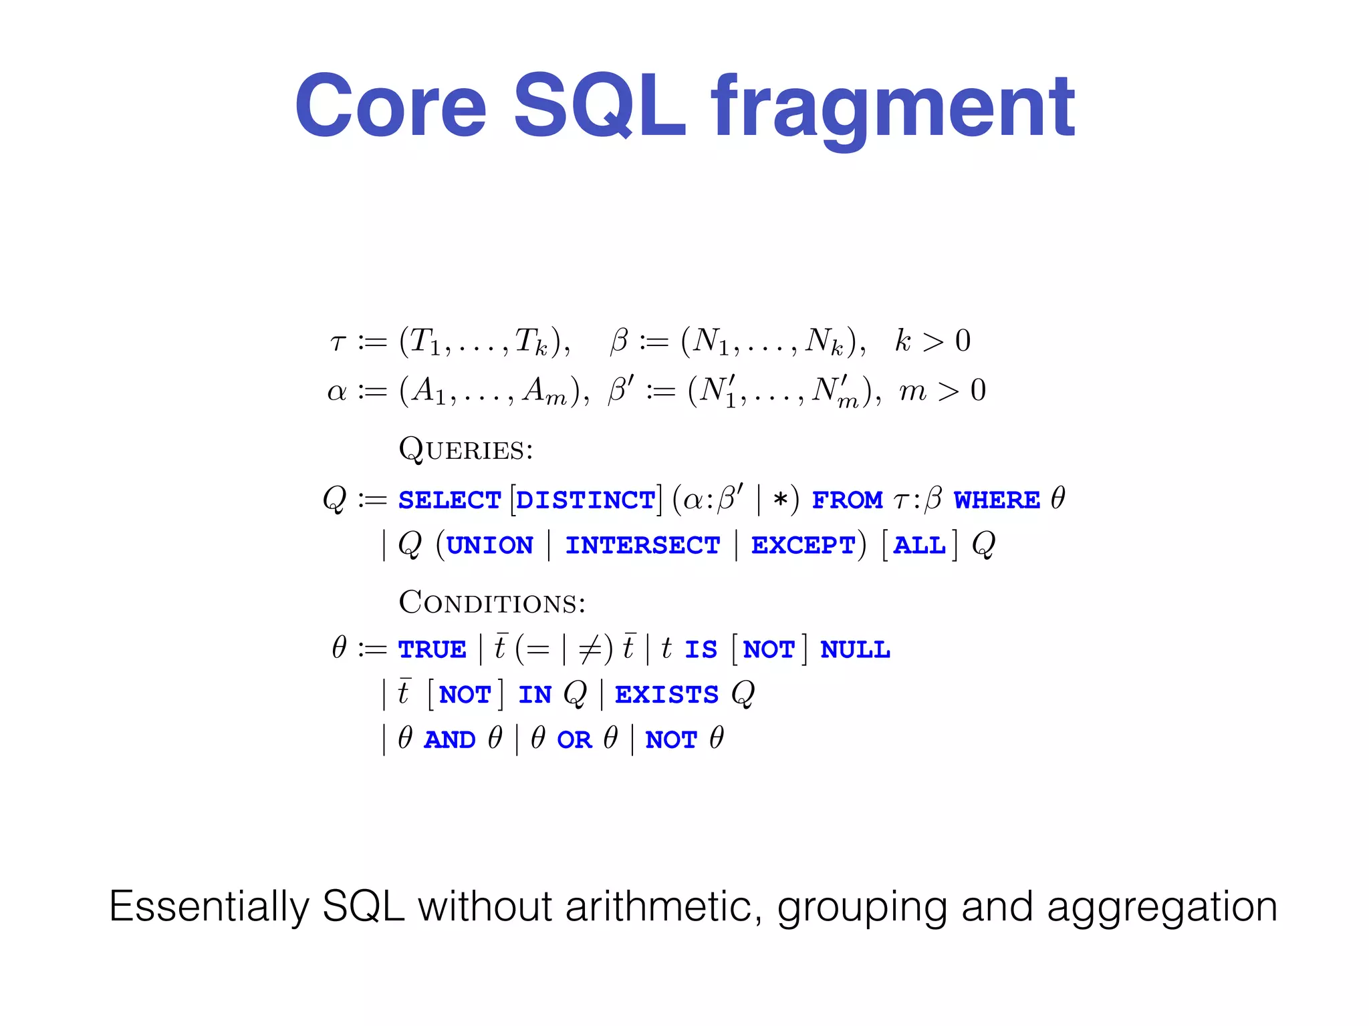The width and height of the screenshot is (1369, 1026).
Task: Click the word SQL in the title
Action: click(x=599, y=107)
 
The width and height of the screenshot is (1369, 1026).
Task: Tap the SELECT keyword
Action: click(x=450, y=500)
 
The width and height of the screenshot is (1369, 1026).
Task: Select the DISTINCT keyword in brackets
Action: click(x=586, y=500)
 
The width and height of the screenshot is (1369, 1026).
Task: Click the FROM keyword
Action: click(x=847, y=500)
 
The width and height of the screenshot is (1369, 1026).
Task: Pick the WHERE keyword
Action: click(x=997, y=500)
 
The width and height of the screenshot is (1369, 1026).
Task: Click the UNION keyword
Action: click(x=489, y=546)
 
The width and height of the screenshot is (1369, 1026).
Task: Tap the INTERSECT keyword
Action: click(x=642, y=546)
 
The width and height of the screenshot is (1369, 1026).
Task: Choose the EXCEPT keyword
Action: click(x=803, y=546)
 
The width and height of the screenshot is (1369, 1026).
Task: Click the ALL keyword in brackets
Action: click(x=920, y=546)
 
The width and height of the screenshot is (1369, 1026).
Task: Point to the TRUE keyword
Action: click(x=432, y=650)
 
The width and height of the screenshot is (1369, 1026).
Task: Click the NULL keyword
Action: click(x=855, y=650)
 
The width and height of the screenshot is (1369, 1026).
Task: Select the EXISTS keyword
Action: click(x=666, y=695)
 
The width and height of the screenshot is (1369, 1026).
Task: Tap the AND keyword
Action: click(x=449, y=740)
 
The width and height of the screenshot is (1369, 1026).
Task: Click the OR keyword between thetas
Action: click(x=574, y=740)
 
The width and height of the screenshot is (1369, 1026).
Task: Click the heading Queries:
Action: click(x=466, y=450)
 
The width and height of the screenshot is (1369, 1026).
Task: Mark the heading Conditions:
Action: click(x=492, y=603)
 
